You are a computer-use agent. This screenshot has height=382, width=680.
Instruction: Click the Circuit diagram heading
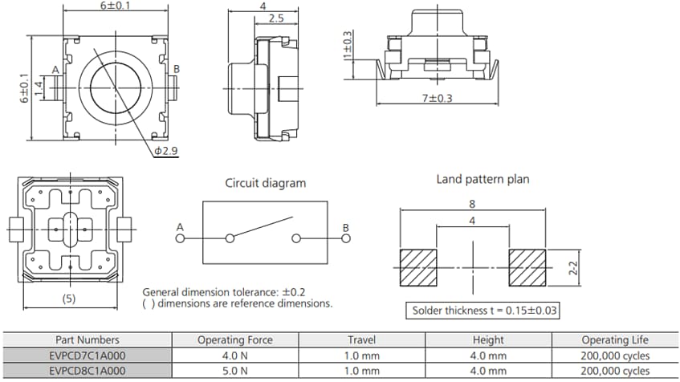tap(265, 183)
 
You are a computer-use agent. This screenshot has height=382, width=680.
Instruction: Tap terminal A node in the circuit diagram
tap(180, 238)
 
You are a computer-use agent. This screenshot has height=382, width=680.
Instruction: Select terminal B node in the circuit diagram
tap(346, 238)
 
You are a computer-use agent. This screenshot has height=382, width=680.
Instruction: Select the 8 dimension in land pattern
tap(472, 205)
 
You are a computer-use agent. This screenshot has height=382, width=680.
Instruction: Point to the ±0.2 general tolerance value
tap(289, 292)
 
